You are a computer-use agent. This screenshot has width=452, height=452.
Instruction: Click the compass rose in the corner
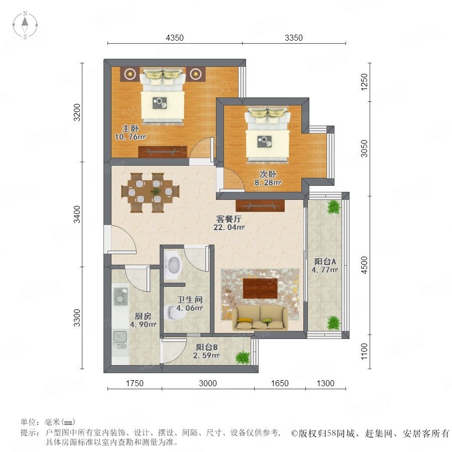25,25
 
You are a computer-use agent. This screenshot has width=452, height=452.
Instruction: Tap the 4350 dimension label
175,38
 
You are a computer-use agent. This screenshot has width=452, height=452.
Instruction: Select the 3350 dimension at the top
294,38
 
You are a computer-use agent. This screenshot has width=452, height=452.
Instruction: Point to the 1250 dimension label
365,82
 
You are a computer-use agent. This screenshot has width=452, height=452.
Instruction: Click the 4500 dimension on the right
365,265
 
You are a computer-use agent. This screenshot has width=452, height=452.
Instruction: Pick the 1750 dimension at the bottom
135,383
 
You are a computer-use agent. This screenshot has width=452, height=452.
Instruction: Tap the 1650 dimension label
280,383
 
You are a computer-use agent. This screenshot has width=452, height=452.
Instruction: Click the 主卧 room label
130,128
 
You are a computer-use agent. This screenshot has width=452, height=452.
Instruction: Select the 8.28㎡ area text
268,182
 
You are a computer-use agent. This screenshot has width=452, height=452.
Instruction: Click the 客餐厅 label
229,219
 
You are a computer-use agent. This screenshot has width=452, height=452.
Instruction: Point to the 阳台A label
325,262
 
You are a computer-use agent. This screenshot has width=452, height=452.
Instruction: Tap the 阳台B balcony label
207,348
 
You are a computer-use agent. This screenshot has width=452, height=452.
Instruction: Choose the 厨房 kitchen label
143,316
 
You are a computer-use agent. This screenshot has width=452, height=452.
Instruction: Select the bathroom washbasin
172,265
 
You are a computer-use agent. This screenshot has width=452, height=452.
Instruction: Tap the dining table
150,192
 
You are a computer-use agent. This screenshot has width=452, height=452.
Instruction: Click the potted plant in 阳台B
243,358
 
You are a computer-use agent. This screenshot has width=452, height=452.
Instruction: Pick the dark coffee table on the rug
260,288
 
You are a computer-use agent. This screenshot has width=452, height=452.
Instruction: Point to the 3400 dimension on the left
77,214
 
